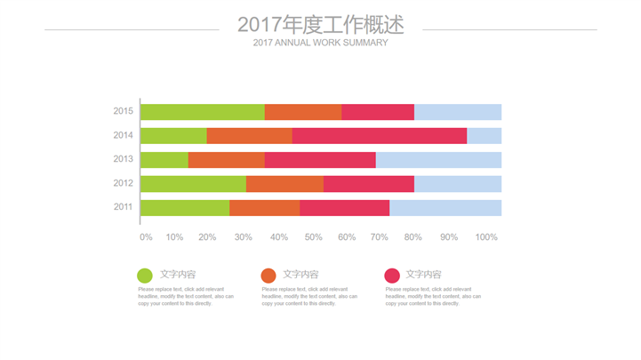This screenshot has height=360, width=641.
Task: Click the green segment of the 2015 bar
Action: click(202, 112)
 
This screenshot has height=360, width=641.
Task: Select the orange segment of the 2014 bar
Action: click(249, 136)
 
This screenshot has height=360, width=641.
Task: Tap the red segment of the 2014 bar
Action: click(379, 136)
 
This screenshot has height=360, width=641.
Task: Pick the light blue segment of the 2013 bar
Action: click(438, 160)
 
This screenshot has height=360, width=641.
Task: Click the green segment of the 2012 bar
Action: click(193, 184)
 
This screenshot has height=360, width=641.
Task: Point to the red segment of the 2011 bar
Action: click(344, 208)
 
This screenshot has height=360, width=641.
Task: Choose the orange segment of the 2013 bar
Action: click(226, 160)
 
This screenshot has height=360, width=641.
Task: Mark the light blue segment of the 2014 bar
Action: click(484, 136)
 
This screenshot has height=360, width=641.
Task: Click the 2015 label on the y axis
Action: click(124, 112)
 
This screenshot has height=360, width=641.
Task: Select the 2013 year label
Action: click(124, 160)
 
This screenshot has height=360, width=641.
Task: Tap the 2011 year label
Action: click(124, 208)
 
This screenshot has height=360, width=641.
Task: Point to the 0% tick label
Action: click(146, 237)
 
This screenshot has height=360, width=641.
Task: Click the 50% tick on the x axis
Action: click(313, 237)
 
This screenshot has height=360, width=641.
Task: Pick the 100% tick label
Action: click(486, 237)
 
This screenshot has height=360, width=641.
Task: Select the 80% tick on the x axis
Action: click(413, 237)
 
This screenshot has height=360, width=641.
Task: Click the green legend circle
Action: click(145, 276)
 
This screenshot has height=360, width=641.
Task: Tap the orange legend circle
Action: click(268, 276)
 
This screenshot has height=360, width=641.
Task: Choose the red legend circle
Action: click(392, 276)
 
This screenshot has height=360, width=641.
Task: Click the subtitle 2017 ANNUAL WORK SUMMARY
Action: click(320, 43)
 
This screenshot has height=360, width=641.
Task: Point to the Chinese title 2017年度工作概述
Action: click(320, 24)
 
